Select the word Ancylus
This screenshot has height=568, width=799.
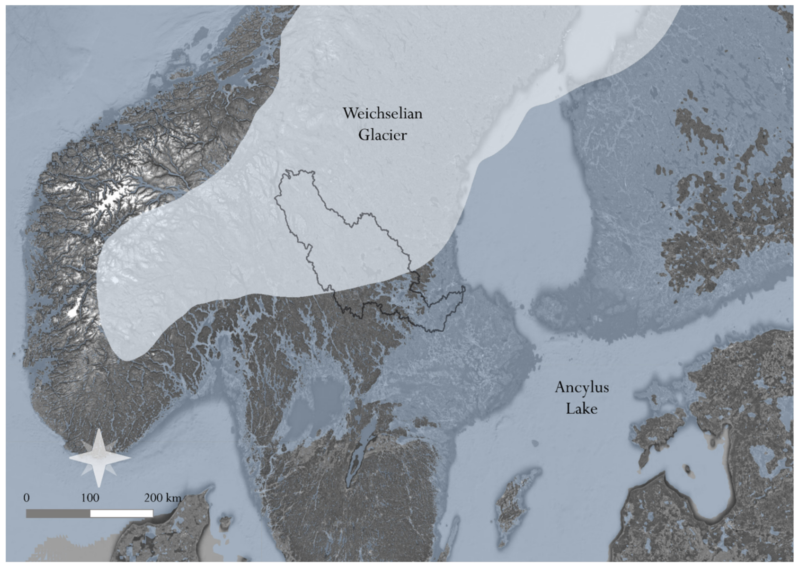click(582, 387)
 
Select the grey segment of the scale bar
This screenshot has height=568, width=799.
click(58, 513)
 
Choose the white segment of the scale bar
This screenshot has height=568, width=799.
click(122, 513)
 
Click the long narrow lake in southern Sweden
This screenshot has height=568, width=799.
click(360, 451)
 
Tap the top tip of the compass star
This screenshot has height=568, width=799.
click(99, 430)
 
